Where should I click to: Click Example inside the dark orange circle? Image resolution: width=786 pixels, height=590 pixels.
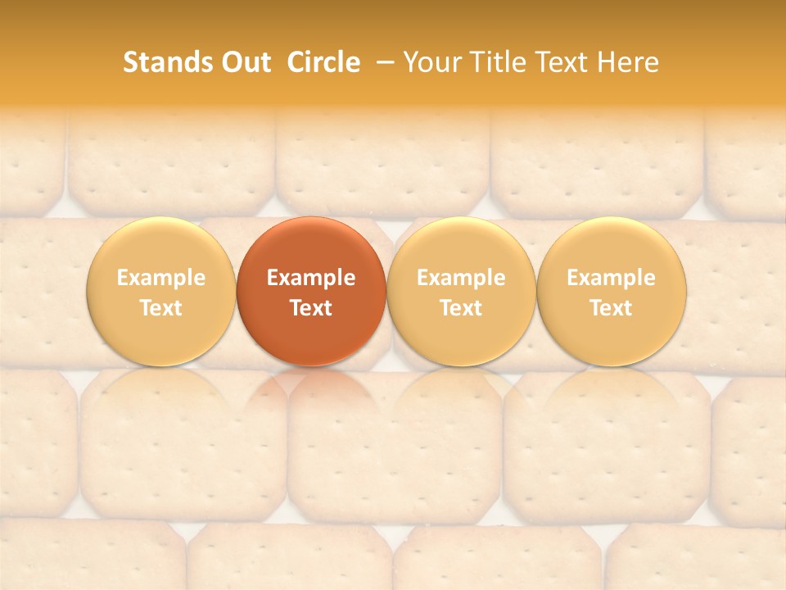(311, 278)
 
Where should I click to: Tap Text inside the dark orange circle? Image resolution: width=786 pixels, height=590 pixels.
(311, 308)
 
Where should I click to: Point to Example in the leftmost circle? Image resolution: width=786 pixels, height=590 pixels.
(161, 278)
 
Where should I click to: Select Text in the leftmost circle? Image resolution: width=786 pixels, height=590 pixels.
(161, 308)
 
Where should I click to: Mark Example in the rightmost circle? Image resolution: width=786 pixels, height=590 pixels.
(612, 278)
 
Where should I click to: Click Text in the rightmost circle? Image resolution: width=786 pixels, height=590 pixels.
(612, 308)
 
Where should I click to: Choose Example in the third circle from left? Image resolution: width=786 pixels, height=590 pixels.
(461, 278)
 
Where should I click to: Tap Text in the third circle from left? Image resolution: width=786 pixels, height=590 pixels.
(461, 308)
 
